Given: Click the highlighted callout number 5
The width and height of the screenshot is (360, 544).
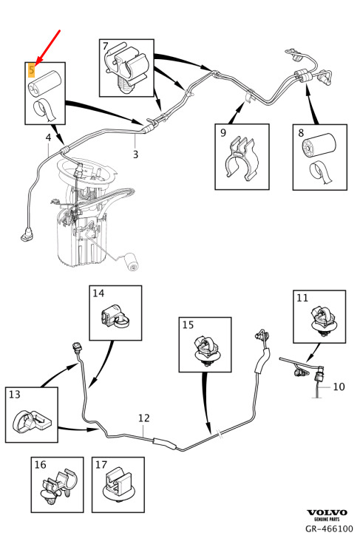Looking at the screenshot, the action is [x=32, y=70].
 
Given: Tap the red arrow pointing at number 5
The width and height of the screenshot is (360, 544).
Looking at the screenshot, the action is [x=48, y=47].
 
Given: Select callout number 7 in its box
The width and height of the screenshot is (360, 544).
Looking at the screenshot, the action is [x=106, y=46].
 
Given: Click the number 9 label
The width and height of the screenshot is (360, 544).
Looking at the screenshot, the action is [x=223, y=132].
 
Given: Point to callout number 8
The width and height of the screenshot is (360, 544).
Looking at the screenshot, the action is [x=301, y=133].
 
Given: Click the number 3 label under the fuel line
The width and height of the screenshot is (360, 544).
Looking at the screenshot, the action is [x=135, y=154].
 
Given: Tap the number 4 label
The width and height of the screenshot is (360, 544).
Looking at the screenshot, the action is [x=48, y=137].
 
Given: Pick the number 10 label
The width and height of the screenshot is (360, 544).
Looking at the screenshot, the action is [x=339, y=387].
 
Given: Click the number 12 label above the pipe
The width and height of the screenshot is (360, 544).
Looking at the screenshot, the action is [x=143, y=418].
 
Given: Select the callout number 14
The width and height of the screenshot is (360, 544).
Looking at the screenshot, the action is [x=98, y=293].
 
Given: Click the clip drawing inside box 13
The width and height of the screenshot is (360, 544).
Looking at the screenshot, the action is [x=31, y=420].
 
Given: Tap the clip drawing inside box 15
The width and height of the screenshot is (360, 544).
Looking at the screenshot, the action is [x=206, y=350].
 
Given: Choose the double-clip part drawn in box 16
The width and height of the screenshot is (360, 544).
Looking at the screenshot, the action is [x=57, y=487].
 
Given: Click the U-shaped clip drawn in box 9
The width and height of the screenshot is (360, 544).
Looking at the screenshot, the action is [x=242, y=158].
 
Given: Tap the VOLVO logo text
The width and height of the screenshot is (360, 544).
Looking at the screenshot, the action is [x=327, y=512].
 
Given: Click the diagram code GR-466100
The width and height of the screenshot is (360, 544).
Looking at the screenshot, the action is [x=329, y=528].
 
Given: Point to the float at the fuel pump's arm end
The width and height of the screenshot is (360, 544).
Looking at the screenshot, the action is [x=132, y=262].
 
